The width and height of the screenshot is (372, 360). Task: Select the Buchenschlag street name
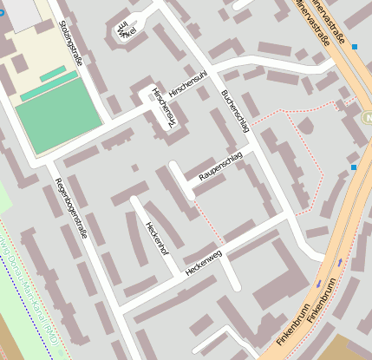[235, 110]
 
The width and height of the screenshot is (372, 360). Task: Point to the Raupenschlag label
[221, 167]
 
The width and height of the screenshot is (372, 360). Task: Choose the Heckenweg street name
[203, 265]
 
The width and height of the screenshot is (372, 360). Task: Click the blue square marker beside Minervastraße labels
[355, 47]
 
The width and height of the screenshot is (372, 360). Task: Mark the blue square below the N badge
[354, 166]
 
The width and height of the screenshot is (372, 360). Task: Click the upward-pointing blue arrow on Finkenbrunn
[320, 283]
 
